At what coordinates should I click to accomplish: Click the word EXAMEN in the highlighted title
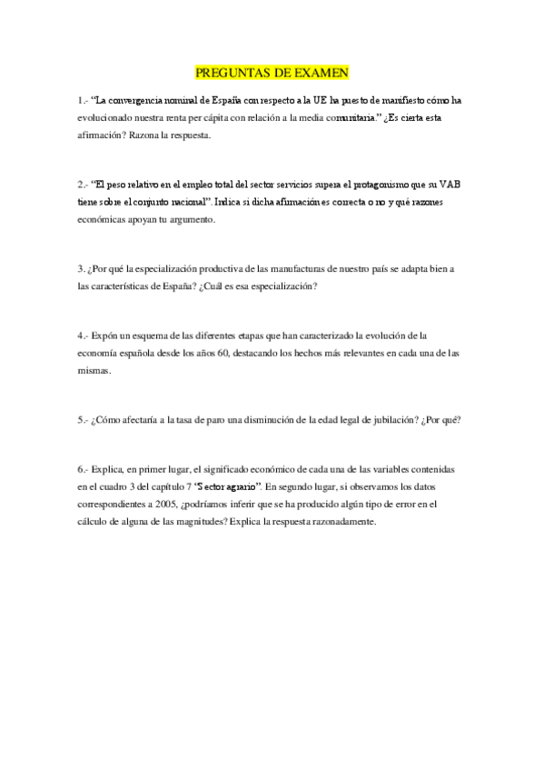coord(321,74)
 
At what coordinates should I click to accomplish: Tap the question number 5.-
coord(83,421)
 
